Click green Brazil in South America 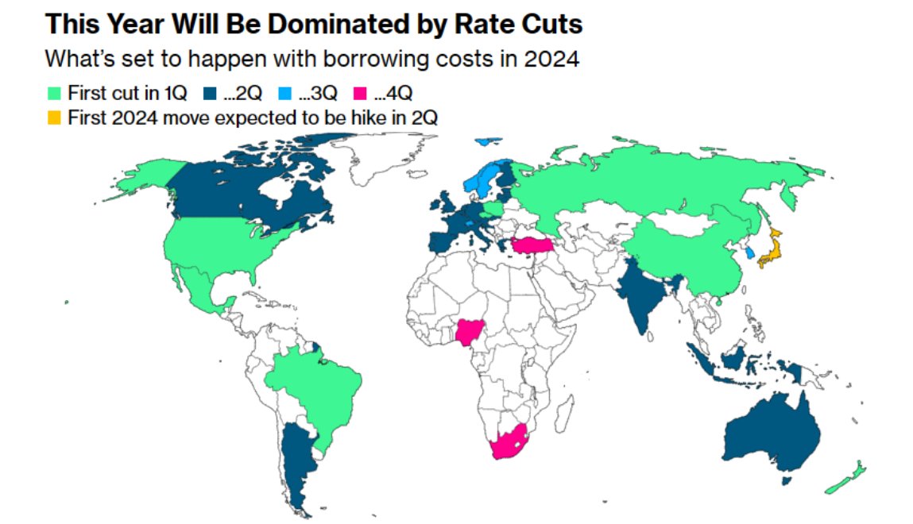314,389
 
